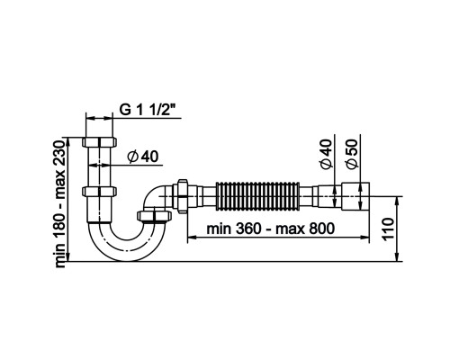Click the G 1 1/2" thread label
[x=147, y=110]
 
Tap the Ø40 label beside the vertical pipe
[x=143, y=157]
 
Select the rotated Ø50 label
[x=352, y=154]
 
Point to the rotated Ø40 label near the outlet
[x=327, y=154]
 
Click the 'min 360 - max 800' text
[x=270, y=229]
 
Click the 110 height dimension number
[x=388, y=229]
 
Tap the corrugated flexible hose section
[x=257, y=196]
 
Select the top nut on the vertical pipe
[x=99, y=142]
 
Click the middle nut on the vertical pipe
[x=99, y=191]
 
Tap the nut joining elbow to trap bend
[x=154, y=217]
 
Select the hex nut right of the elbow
[x=182, y=196]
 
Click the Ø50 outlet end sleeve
[x=355, y=196]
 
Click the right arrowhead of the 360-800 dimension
[x=364, y=238]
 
